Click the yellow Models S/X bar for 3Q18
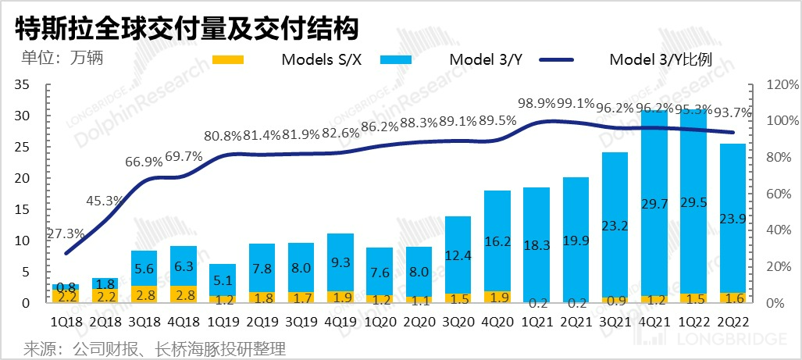pyautogui.click(x=144, y=294)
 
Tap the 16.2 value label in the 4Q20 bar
pyautogui.click(x=498, y=243)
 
